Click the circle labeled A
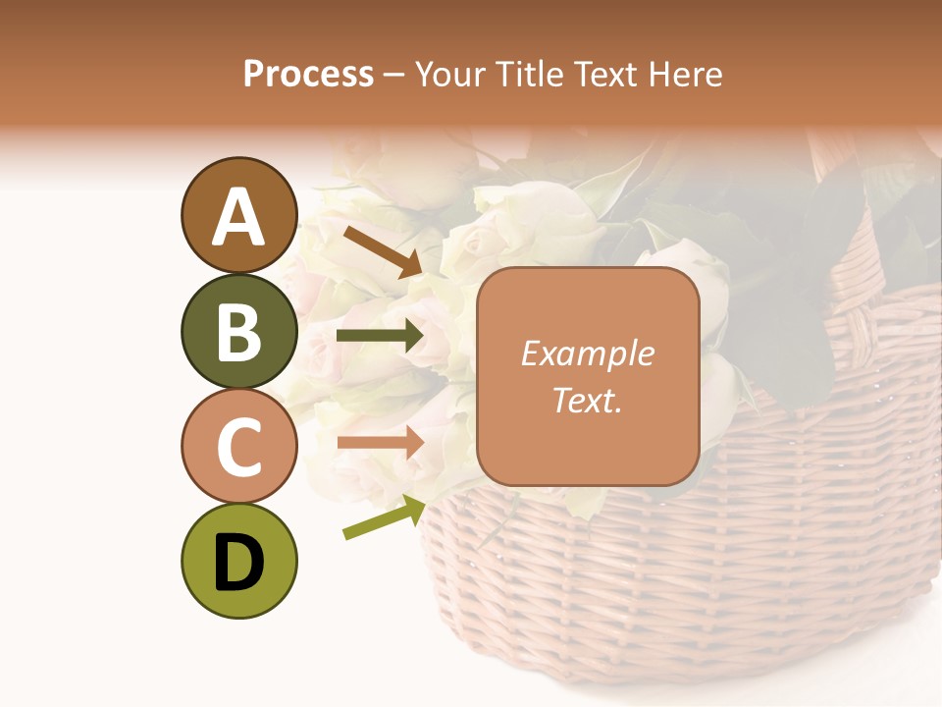238,215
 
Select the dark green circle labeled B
238,331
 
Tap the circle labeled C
238,446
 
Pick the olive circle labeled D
238,561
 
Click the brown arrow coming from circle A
383,250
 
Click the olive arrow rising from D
384,517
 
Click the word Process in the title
308,75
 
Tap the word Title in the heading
526,75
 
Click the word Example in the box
587,353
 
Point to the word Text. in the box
587,400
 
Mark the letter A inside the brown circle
238,217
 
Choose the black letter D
238,563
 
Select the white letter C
238,447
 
